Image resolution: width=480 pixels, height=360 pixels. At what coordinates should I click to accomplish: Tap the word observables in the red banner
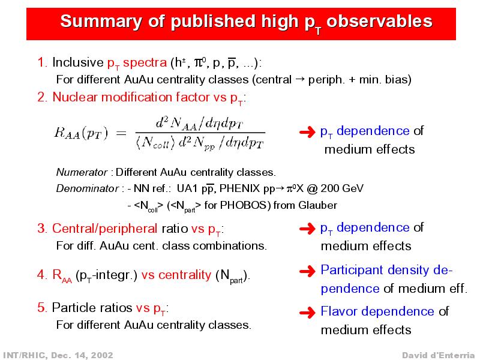click(379, 22)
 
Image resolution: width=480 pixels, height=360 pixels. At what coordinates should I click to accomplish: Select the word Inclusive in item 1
click(78, 62)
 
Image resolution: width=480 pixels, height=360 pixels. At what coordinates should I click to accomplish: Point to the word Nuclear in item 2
click(75, 97)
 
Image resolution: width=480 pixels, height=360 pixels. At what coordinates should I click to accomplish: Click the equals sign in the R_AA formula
click(121, 133)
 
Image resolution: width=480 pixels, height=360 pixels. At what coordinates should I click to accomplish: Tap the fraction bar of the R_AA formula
click(200, 133)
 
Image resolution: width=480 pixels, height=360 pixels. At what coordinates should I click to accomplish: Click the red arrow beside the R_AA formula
click(307, 132)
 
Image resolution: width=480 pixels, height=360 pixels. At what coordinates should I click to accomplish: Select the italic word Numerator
click(82, 172)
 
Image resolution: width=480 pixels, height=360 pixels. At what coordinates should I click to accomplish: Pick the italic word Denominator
click(87, 188)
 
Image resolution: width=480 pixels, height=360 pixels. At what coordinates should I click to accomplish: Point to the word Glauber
click(318, 205)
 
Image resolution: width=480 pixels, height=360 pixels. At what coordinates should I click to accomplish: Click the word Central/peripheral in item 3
click(104, 229)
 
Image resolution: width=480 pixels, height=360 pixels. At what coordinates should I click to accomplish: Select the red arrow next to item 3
click(307, 229)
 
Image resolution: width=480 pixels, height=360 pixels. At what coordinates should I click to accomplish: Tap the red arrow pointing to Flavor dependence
click(307, 313)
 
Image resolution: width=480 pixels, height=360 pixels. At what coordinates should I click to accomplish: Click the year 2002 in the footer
click(101, 355)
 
